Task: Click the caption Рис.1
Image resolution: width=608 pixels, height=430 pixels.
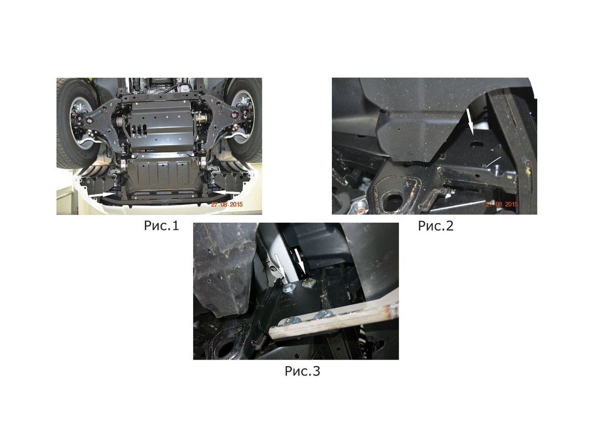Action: [x=161, y=226]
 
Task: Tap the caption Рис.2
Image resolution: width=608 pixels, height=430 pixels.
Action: [x=435, y=226]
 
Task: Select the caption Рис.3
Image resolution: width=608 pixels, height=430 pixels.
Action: [x=302, y=371]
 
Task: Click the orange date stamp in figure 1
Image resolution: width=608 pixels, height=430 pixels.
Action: [x=227, y=204]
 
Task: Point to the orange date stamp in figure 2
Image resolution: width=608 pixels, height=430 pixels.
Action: [x=502, y=204]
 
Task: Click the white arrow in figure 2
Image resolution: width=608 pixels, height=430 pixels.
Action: [x=470, y=122]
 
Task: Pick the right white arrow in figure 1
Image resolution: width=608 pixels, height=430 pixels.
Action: [x=226, y=192]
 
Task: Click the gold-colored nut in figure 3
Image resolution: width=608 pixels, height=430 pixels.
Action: [x=309, y=282]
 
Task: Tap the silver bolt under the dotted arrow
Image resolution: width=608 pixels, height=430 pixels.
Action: [x=288, y=288]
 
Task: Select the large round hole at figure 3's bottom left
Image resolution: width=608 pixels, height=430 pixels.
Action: [x=224, y=348]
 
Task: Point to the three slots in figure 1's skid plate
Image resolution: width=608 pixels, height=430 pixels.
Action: [x=139, y=129]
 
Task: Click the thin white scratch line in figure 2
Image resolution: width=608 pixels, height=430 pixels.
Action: [x=492, y=161]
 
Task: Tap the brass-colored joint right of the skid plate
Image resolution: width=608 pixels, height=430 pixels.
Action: [x=202, y=120]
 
